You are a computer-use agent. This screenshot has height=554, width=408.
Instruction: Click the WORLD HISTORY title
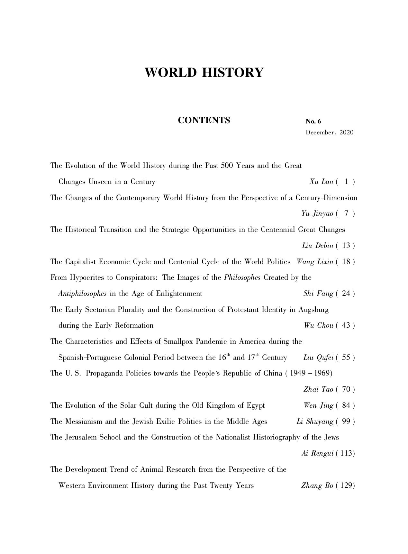click(204, 73)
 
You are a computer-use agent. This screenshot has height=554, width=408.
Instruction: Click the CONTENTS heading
click(204, 120)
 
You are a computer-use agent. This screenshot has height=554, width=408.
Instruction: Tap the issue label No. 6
click(313, 121)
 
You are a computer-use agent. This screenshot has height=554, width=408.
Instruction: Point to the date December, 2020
click(329, 132)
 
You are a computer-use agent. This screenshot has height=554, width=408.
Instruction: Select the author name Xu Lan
click(321, 182)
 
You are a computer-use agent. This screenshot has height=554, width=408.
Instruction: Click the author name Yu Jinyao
click(317, 213)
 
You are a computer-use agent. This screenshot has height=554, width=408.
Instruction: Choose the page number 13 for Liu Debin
click(346, 246)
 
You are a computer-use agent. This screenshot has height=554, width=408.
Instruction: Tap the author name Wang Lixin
click(315, 261)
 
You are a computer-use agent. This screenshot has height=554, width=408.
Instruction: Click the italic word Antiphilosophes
click(82, 294)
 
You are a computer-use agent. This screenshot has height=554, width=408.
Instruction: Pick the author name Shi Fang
click(318, 294)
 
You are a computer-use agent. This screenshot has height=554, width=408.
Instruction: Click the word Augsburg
click(313, 310)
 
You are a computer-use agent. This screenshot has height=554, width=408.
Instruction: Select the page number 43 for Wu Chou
click(346, 325)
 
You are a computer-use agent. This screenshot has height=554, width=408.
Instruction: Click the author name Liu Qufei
click(318, 358)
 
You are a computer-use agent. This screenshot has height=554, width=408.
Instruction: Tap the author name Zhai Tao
click(318, 389)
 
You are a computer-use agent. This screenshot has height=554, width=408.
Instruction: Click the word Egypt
click(256, 405)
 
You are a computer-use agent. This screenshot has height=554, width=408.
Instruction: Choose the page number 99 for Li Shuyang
click(346, 421)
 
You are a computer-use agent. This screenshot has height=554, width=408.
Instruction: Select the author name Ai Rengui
click(317, 453)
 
